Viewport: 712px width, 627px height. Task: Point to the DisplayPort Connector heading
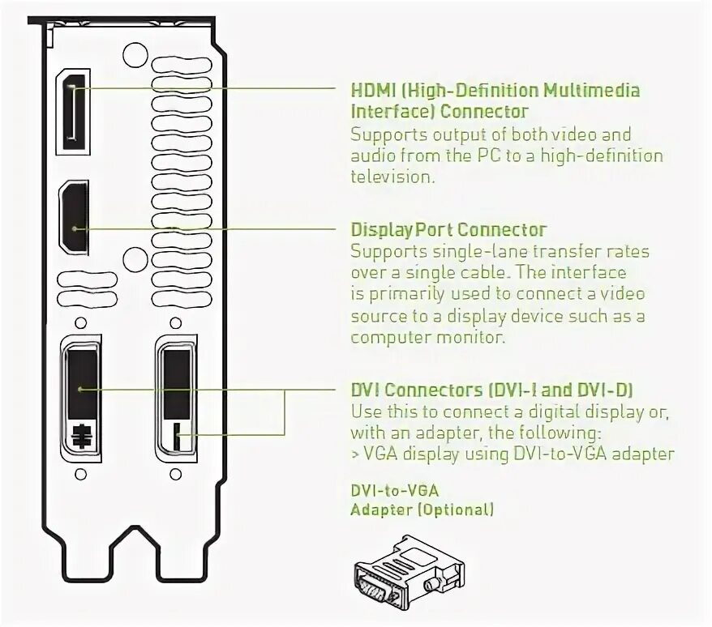point(448,230)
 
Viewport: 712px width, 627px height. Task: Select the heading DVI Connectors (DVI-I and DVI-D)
point(493,390)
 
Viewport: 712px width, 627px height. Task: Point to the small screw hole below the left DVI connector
point(80,473)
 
